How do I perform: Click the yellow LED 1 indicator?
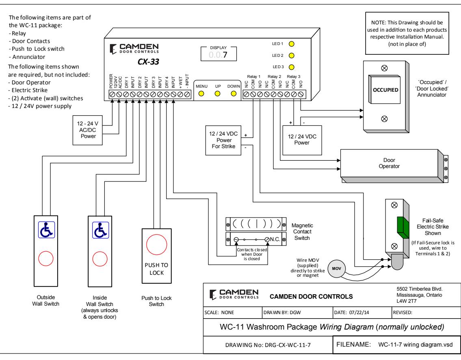291,44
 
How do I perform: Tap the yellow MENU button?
201,94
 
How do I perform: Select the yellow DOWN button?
234,94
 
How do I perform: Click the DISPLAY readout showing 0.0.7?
219,55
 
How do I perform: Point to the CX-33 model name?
148,62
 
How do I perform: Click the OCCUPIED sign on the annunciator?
385,90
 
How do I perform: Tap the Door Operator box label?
389,163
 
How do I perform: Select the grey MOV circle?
337,269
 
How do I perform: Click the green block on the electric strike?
403,228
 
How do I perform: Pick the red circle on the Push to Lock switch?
157,244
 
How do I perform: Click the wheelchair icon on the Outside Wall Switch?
46,230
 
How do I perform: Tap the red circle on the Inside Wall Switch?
100,259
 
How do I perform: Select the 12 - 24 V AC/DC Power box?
88,130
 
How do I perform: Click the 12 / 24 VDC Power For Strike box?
223,140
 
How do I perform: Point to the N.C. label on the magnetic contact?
275,239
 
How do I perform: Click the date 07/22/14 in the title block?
359,313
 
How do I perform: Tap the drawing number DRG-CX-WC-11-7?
288,345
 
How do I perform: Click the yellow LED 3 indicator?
291,67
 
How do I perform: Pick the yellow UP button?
218,94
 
